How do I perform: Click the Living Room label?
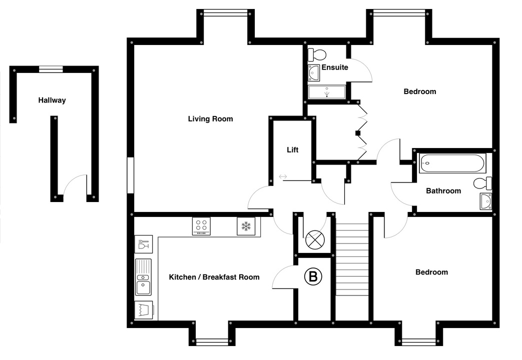(x=210, y=119)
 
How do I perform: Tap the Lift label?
(x=293, y=149)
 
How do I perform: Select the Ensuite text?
(x=335, y=67)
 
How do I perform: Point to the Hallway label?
(x=52, y=100)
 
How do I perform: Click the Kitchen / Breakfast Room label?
(x=214, y=277)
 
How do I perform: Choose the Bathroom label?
(x=443, y=190)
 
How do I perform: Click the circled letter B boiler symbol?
(x=313, y=276)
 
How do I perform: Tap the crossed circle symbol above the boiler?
(x=315, y=239)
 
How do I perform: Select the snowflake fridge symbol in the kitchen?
(x=246, y=226)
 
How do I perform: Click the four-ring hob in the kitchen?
(x=201, y=226)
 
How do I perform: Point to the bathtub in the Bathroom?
(x=452, y=163)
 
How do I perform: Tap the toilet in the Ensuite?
(x=317, y=54)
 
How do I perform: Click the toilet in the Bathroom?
(x=482, y=183)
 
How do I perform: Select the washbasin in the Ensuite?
(x=314, y=73)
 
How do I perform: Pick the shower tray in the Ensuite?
(x=327, y=92)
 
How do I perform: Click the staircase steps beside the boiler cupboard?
(x=352, y=259)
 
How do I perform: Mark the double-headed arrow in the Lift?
(x=283, y=176)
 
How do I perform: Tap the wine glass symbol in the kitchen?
(x=144, y=244)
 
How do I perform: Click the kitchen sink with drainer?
(x=143, y=277)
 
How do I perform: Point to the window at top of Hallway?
(x=51, y=69)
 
